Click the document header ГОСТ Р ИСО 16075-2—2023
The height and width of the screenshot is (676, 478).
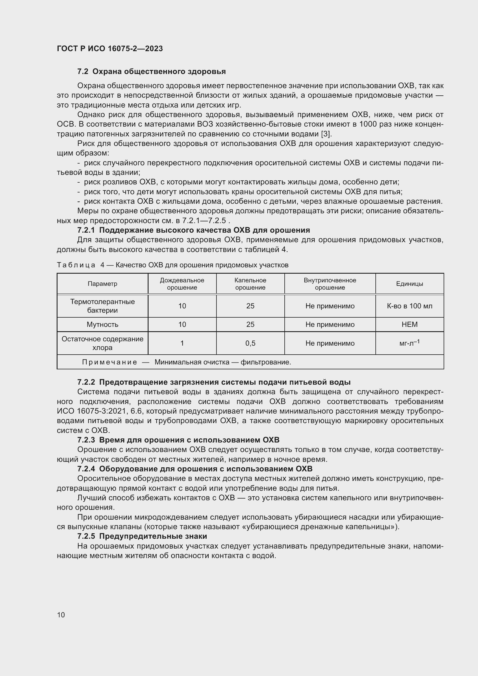(x=110, y=49)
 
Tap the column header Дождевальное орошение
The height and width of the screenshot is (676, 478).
(x=182, y=284)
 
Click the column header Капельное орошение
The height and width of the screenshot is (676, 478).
(x=250, y=284)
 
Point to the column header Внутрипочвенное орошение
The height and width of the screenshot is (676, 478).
(x=330, y=284)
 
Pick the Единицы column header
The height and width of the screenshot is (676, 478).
(x=410, y=284)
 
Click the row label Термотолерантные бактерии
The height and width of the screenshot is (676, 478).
(x=102, y=306)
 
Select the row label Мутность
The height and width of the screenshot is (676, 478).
(x=102, y=325)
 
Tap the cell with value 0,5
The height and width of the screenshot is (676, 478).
(x=250, y=343)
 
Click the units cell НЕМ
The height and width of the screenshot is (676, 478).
(x=410, y=325)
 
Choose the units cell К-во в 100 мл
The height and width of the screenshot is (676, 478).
(x=410, y=306)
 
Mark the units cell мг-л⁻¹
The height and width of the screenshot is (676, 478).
(x=410, y=343)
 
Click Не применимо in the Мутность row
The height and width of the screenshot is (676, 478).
(x=330, y=325)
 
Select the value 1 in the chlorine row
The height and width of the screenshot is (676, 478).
(x=182, y=343)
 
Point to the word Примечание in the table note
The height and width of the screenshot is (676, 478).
(x=110, y=362)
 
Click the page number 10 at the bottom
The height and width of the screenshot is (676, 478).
(x=61, y=615)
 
